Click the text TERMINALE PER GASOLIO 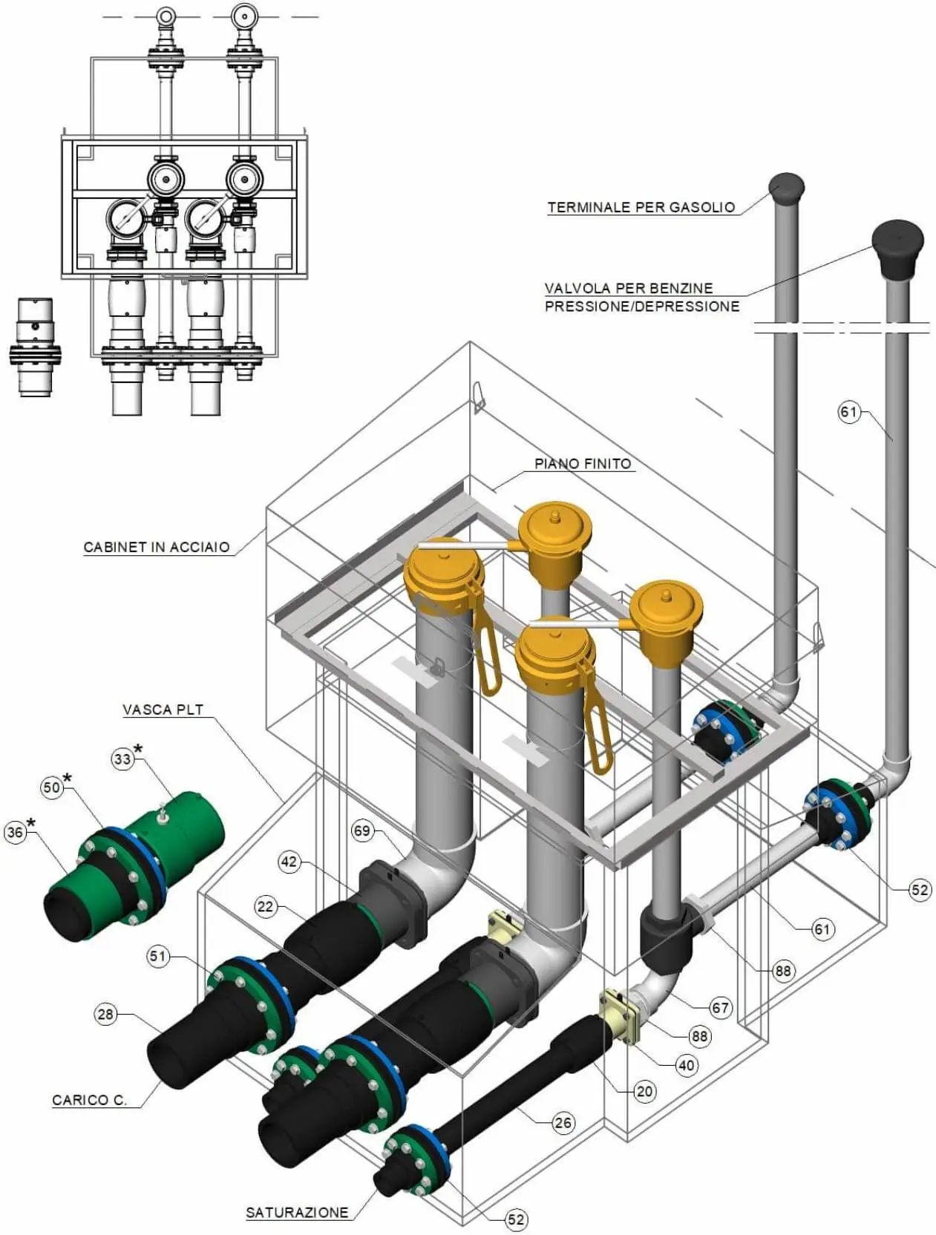coord(641,207)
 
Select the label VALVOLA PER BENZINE coord(629,288)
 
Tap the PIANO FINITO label coord(583,464)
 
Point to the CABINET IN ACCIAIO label coord(157,547)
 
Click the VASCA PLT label coord(163,710)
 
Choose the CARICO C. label coord(89,1100)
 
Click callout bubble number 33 coord(122,759)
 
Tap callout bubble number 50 coord(52,787)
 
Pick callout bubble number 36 coord(15,831)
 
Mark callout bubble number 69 coord(362,831)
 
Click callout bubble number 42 coord(289,862)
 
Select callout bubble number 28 coord(105,1015)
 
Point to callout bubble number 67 coord(720,1008)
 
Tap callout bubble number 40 coord(687,1065)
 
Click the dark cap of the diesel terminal coord(786,189)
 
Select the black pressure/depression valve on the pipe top coord(897,248)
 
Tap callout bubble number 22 coord(264,906)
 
